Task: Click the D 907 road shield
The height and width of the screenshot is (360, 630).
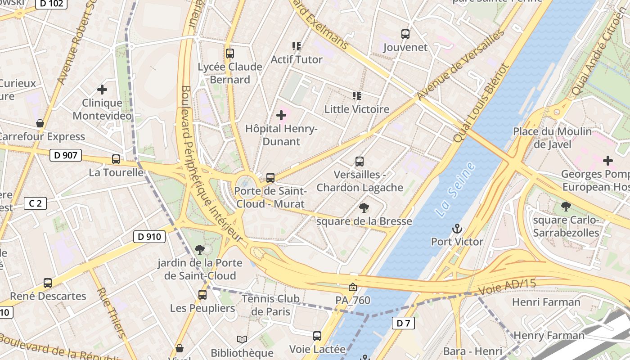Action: pyautogui.click(x=66, y=156)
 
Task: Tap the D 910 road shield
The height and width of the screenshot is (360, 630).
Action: pyautogui.click(x=149, y=237)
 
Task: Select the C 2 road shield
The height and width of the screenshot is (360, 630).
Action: pyautogui.click(x=35, y=203)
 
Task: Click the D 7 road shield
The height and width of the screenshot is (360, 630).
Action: pyautogui.click(x=403, y=323)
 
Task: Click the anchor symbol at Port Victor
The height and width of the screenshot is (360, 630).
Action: pyautogui.click(x=457, y=229)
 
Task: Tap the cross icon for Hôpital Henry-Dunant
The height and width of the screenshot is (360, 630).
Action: pyautogui.click(x=281, y=116)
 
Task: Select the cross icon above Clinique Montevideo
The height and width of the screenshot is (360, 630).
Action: pyautogui.click(x=102, y=90)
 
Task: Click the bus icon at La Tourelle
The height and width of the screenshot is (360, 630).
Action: pyautogui.click(x=116, y=159)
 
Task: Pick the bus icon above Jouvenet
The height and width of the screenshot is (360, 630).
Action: pyautogui.click(x=405, y=34)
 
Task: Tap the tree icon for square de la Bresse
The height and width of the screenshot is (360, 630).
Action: pyautogui.click(x=364, y=208)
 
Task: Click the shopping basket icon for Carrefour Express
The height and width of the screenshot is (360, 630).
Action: pyautogui.click(x=40, y=123)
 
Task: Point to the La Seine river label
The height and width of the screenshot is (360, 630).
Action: pyautogui.click(x=456, y=191)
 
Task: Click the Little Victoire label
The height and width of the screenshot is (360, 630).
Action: pyautogui.click(x=357, y=109)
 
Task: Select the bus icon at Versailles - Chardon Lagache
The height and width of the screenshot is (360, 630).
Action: pyautogui.click(x=360, y=162)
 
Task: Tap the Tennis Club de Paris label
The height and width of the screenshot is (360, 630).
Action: pyautogui.click(x=270, y=305)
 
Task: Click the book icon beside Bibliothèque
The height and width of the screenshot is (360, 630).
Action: pyautogui.click(x=242, y=340)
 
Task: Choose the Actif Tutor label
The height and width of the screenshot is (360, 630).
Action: pyautogui.click(x=297, y=59)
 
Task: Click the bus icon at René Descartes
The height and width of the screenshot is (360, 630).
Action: pyautogui.click(x=48, y=283)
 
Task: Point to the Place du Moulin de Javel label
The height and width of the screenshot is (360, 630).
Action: pyautogui.click(x=553, y=138)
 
